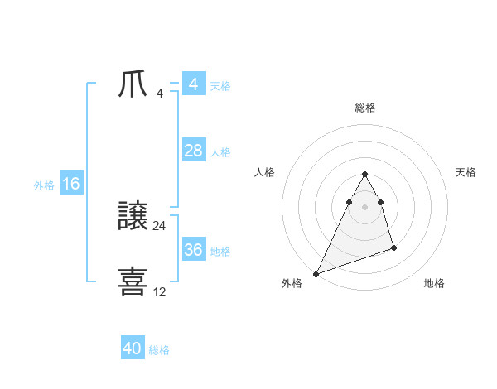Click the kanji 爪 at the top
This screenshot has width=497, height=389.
coord(133,85)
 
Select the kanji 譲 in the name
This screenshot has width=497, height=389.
coord(133,218)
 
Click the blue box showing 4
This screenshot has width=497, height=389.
coord(194,84)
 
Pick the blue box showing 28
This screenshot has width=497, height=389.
coord(194,151)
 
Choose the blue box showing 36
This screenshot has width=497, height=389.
coord(194,250)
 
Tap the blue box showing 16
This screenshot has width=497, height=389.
coord(71,184)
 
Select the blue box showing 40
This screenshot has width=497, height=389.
coord(133,348)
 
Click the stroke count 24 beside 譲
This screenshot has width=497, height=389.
coord(160,226)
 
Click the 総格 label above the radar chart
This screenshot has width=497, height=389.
coord(365,108)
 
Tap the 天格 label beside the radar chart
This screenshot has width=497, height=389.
coord(466,172)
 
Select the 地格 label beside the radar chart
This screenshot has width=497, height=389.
coord(434,283)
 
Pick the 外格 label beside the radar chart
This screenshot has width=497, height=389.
coord(292,283)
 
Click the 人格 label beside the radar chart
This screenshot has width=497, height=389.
coord(265,172)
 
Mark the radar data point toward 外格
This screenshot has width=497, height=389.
coord(316,274)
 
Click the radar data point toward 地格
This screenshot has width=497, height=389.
coord(393,247)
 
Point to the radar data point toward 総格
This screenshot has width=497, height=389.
coord(364,175)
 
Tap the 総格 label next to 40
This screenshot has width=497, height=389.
coord(159,350)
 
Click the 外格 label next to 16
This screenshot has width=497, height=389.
coord(44,185)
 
